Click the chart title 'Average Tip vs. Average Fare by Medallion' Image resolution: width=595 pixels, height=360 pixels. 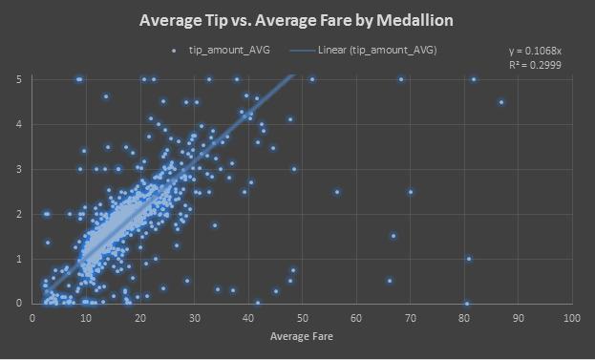click(297, 20)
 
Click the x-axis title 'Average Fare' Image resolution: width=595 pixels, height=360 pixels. click(301, 336)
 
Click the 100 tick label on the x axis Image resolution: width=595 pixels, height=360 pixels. click(571, 317)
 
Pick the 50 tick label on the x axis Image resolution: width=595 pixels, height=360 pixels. click(302, 317)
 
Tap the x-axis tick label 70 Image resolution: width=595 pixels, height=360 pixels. click(410, 317)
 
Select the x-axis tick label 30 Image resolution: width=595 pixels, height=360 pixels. click(194, 317)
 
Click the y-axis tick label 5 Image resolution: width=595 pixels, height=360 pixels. click(20, 79)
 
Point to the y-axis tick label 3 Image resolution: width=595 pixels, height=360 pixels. click(20, 169)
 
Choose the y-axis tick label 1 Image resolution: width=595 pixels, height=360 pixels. click(20, 259)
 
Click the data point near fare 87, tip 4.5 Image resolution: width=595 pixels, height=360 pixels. click(501, 102)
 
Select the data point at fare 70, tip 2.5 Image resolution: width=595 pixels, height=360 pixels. click(411, 192)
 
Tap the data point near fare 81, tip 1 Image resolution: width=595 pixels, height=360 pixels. click(469, 259)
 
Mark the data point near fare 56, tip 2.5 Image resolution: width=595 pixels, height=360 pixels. click(337, 192)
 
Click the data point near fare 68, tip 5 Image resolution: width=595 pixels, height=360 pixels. click(401, 79)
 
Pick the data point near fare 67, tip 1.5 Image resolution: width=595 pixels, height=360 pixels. click(393, 236)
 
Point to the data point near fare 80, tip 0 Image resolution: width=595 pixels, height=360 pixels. click(466, 304)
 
